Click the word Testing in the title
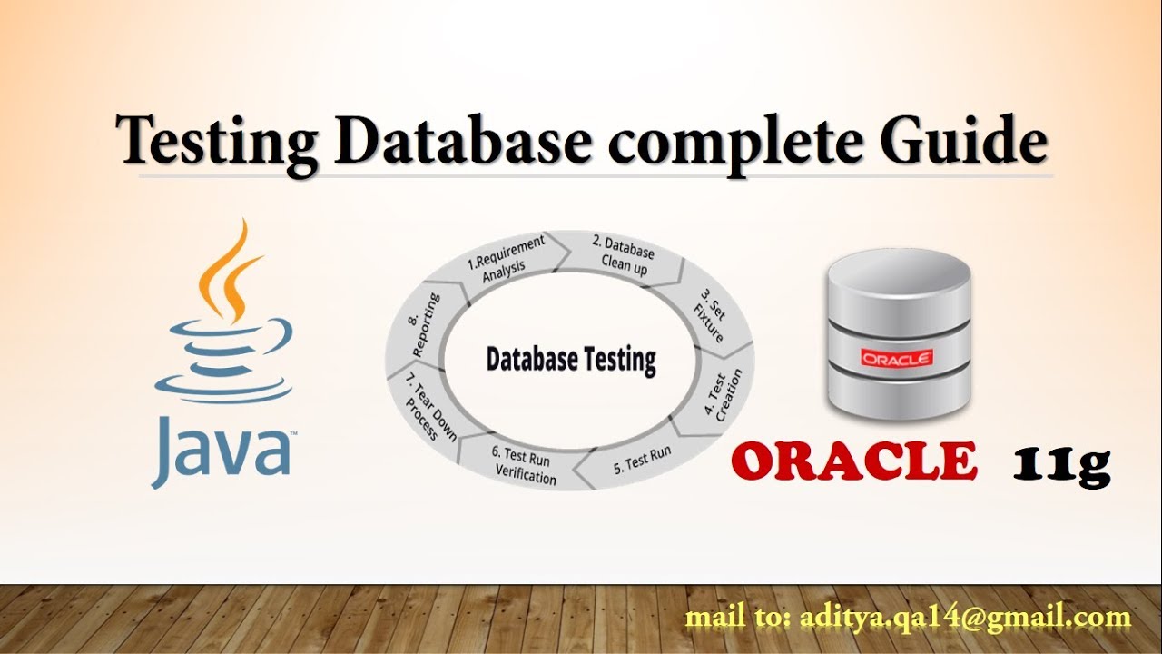tap(218, 144)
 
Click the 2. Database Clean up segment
tap(623, 254)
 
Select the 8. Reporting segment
tap(424, 324)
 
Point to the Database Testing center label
tap(570, 360)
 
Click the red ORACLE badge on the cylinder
tap(897, 359)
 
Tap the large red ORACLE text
tap(854, 461)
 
